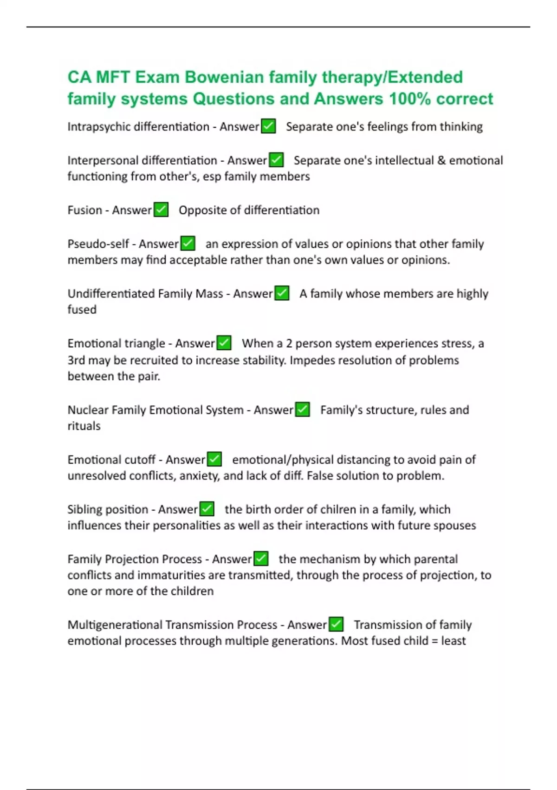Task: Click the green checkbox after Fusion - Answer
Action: [x=161, y=210]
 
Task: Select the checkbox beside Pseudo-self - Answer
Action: [x=188, y=244]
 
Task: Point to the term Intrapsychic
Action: [x=98, y=127]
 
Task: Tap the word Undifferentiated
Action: [x=111, y=294]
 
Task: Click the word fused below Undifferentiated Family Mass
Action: [x=82, y=309]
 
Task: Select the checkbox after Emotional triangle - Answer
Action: [x=224, y=343]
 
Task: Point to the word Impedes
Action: [x=308, y=360]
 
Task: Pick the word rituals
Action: [x=84, y=426]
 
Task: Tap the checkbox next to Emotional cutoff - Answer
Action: [x=214, y=459]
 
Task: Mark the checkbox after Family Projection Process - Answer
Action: [x=261, y=559]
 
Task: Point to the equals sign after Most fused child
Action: [x=434, y=641]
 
